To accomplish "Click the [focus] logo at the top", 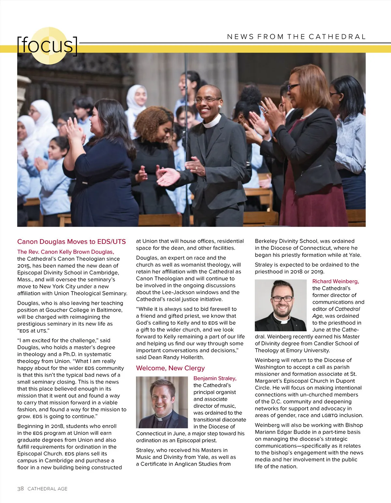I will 48,45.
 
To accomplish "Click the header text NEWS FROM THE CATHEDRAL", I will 296,37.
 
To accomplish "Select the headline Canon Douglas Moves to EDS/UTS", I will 71,242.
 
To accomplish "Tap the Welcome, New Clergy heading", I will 170,368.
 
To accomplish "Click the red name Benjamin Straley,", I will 215,378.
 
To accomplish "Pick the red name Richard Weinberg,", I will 335,281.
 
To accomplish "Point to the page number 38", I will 21,488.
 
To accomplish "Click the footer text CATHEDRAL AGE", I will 48,489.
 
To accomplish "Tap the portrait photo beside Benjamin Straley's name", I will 162,402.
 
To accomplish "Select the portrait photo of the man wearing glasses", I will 281,305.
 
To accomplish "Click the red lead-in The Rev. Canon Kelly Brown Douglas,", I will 65,252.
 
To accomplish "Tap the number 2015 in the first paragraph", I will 23,266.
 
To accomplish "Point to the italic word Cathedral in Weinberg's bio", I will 347,309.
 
